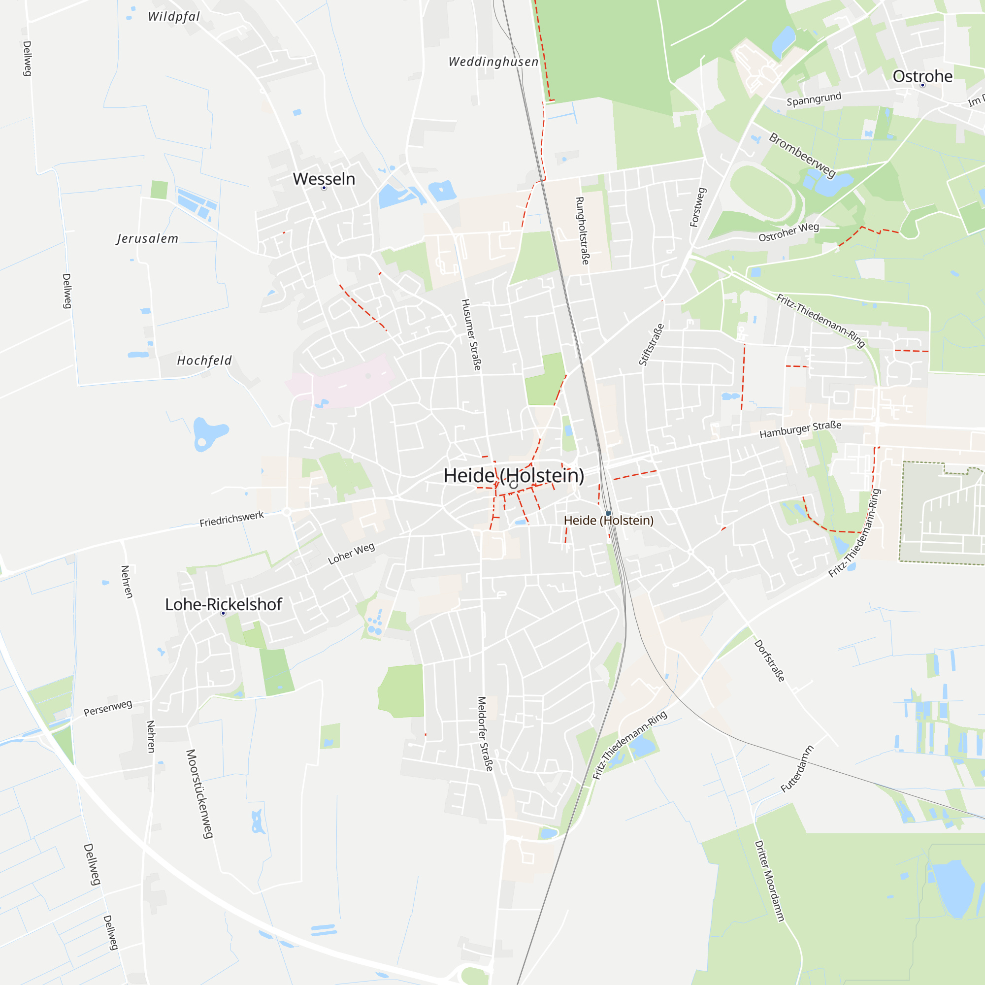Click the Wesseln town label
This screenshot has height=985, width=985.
[x=324, y=179]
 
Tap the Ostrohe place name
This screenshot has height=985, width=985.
[x=922, y=76]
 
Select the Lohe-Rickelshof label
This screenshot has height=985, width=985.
[x=223, y=604]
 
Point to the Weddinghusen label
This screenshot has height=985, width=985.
[x=493, y=62]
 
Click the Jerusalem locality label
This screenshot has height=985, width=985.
[x=147, y=238]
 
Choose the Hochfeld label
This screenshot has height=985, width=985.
[x=204, y=361]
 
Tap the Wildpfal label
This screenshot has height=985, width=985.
[x=174, y=16]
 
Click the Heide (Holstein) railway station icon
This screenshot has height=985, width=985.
[x=608, y=513]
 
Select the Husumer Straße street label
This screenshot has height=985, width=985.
[x=471, y=334]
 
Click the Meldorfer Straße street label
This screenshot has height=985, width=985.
[x=485, y=734]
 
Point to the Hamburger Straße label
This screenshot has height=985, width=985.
[x=800, y=430]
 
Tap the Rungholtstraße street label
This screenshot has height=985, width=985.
[x=582, y=230]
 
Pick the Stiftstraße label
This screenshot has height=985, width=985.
[x=652, y=345]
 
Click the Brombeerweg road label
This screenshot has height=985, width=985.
[x=802, y=156]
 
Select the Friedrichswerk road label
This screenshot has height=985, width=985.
[x=231, y=519]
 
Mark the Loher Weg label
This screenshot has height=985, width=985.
[x=351, y=554]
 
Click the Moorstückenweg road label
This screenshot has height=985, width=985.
[x=199, y=793]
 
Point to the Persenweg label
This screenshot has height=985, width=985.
[x=107, y=708]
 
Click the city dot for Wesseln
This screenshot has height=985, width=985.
[x=324, y=188]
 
